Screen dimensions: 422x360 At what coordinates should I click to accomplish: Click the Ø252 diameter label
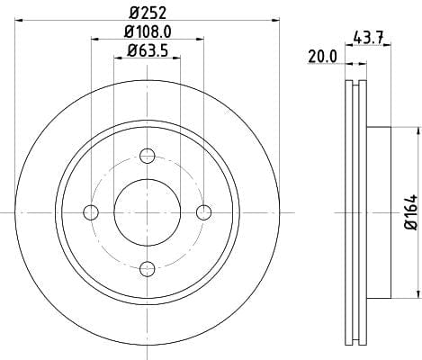tap(148, 13)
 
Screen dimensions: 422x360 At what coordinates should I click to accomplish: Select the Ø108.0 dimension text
tap(148, 31)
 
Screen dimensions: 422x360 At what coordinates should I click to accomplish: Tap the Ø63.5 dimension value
tap(148, 50)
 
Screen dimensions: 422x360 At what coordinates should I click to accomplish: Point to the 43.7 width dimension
tap(368, 38)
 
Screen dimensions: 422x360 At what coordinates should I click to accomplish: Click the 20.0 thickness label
tap(323, 57)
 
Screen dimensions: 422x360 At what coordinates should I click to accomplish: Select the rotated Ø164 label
tap(411, 212)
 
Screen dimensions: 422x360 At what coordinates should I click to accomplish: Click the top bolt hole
tap(148, 156)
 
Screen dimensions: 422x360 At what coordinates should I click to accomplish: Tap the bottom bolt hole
tap(148, 269)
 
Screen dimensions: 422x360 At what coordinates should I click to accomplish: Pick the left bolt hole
tap(91, 212)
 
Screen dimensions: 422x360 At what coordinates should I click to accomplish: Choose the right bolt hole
tap(203, 212)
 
